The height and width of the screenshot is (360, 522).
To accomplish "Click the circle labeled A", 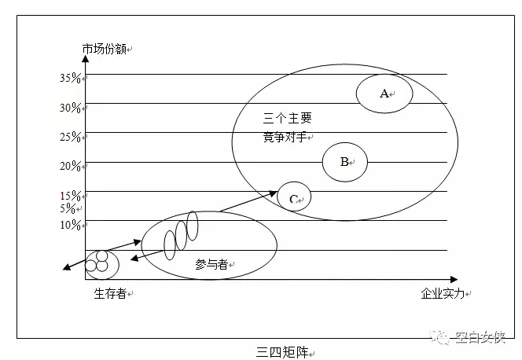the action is (384, 93).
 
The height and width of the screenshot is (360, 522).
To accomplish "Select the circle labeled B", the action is (344, 162).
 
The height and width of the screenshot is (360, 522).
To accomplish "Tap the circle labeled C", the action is (294, 198).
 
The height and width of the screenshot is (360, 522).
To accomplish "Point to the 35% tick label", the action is (71, 78).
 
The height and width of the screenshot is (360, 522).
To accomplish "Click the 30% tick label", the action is (71, 108).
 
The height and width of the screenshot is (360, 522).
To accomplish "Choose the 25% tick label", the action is (71, 137).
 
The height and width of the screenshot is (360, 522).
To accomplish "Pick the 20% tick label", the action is (71, 166).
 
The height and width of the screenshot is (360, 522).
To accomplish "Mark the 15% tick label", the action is (71, 196).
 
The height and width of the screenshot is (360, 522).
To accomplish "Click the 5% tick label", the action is (68, 208).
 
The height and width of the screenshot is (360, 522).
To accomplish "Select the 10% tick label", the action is (71, 225).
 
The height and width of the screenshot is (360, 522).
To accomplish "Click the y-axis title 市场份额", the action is (105, 49).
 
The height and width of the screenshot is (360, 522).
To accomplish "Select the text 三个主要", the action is (287, 119).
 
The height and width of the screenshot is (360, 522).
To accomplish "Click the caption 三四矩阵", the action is (279, 351).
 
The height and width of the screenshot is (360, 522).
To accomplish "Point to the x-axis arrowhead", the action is (453, 279).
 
